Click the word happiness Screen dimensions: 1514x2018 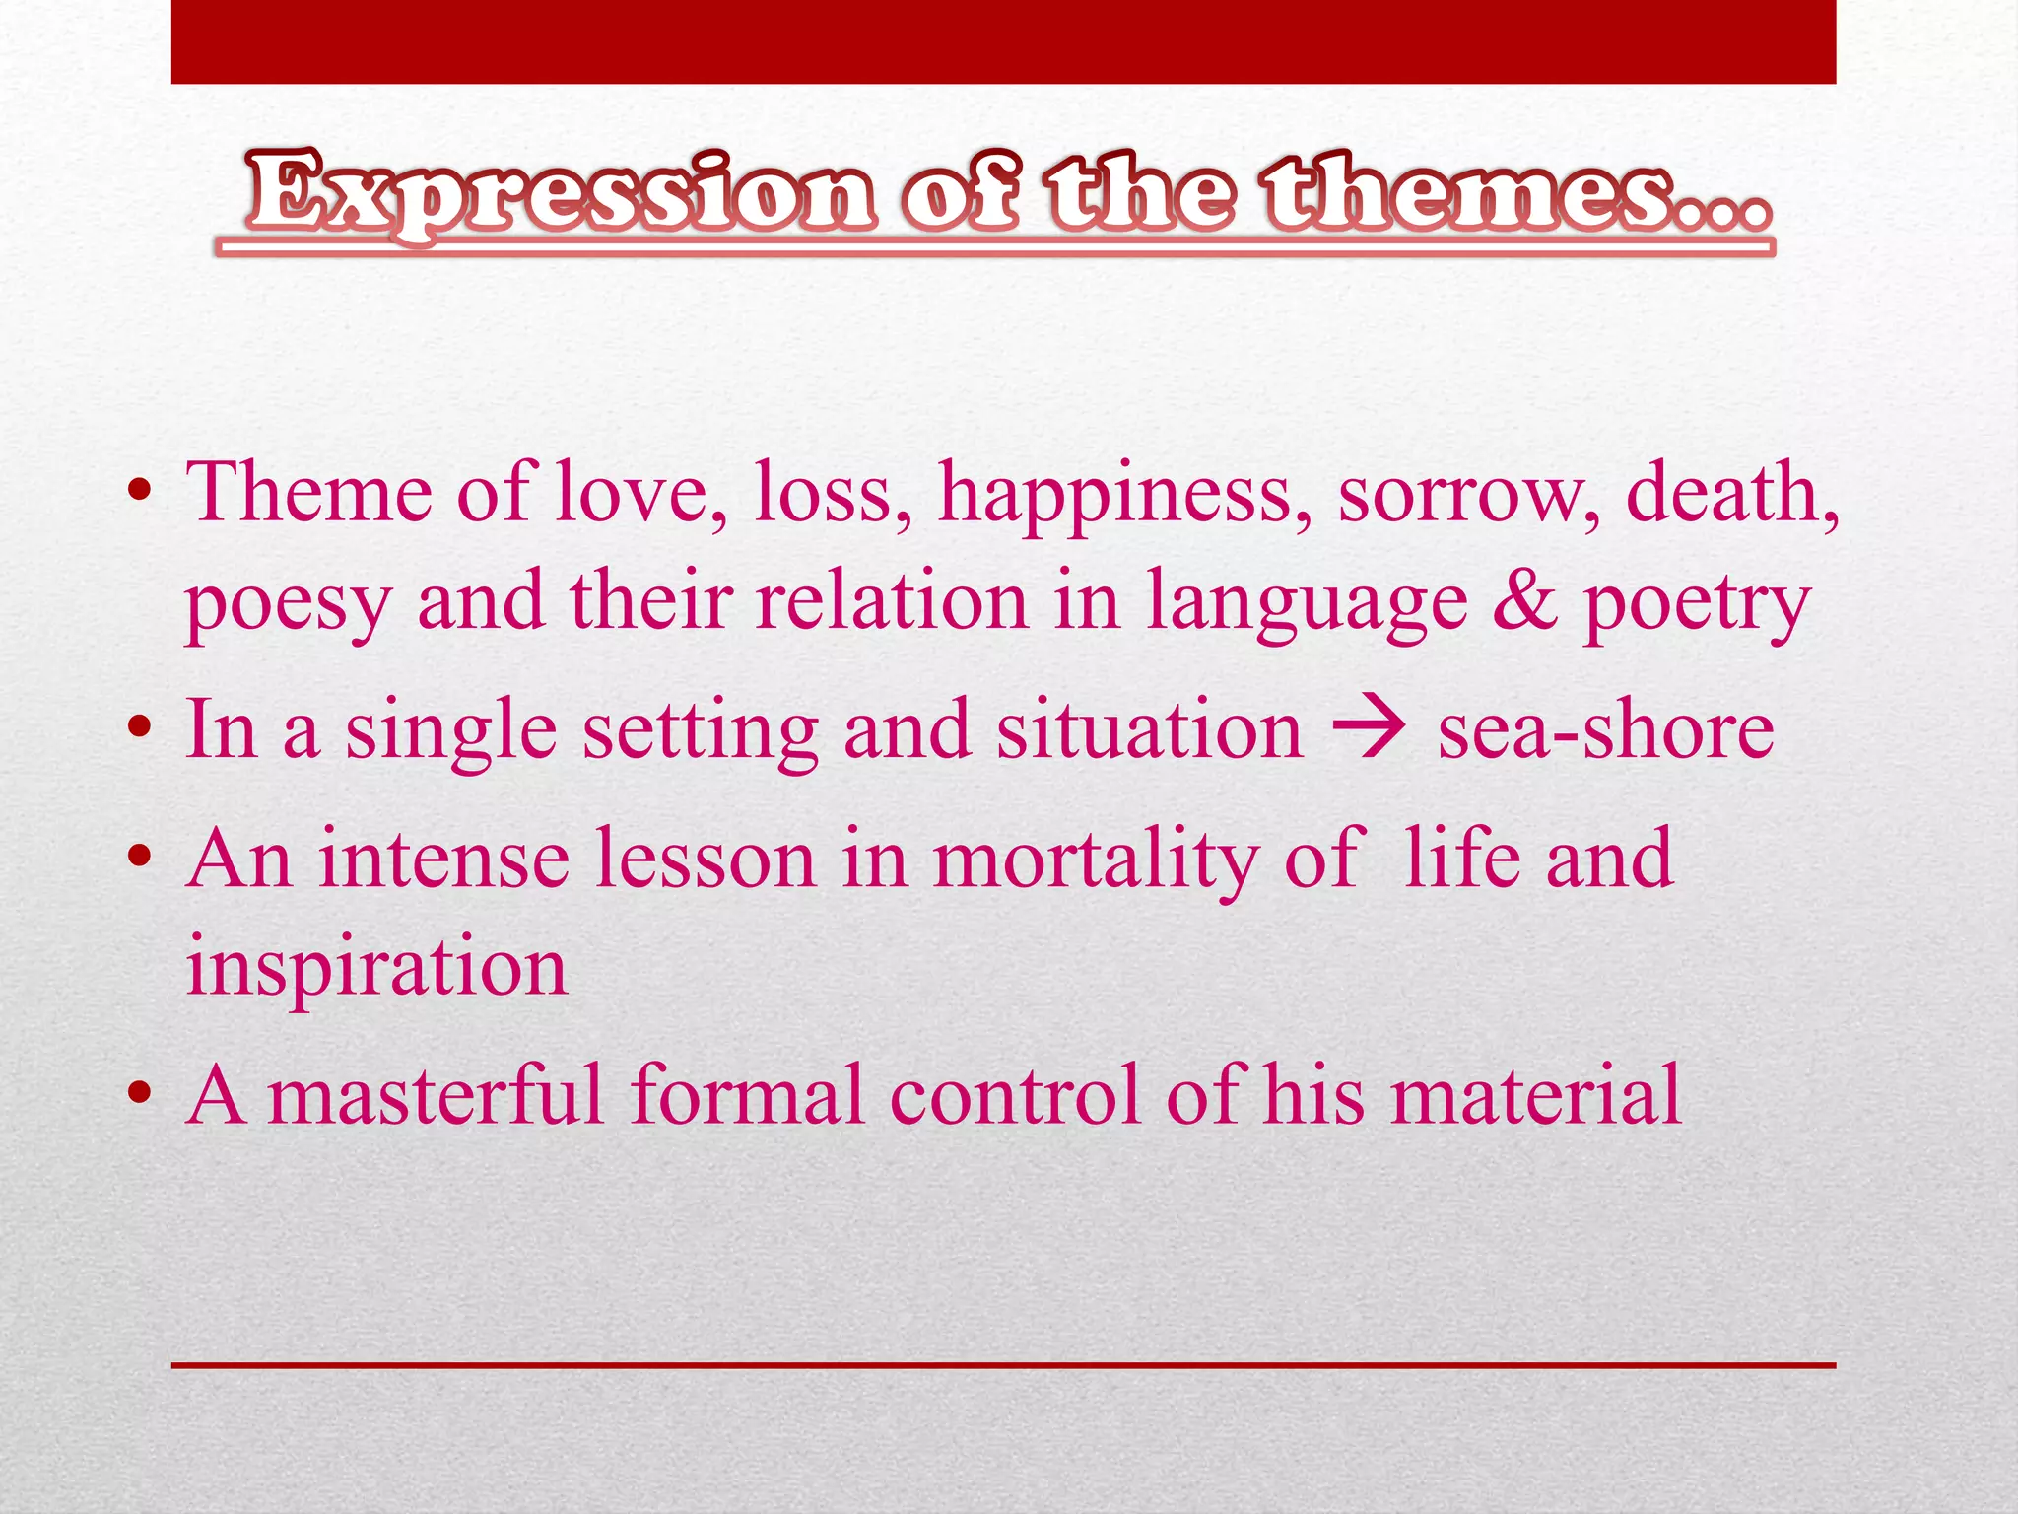click(1124, 493)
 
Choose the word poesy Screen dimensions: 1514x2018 click(289, 603)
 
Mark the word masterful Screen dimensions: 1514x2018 click(435, 1095)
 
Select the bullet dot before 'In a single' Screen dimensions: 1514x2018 click(140, 729)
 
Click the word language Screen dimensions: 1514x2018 click(1307, 603)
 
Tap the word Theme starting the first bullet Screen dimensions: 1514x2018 click(309, 493)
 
